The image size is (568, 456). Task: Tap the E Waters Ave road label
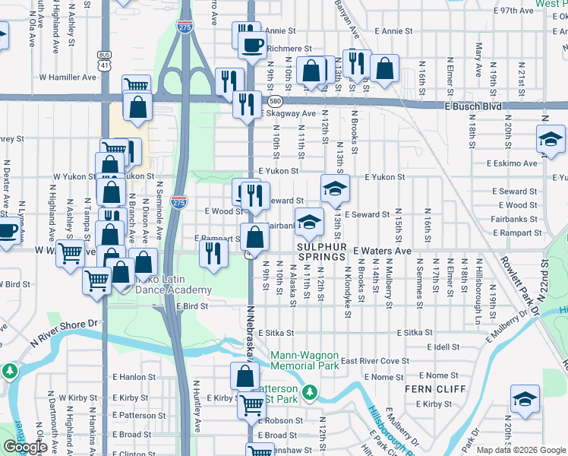pos(382,250)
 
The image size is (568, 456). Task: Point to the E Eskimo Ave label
pos(516,163)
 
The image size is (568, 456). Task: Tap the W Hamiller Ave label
pos(68,77)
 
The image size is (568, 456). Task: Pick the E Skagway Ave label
pos(289,113)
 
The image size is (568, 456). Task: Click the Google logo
pos(25,447)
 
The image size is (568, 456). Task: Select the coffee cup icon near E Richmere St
pos(252,45)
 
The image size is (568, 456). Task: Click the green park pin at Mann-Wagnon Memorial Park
pos(309,392)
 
